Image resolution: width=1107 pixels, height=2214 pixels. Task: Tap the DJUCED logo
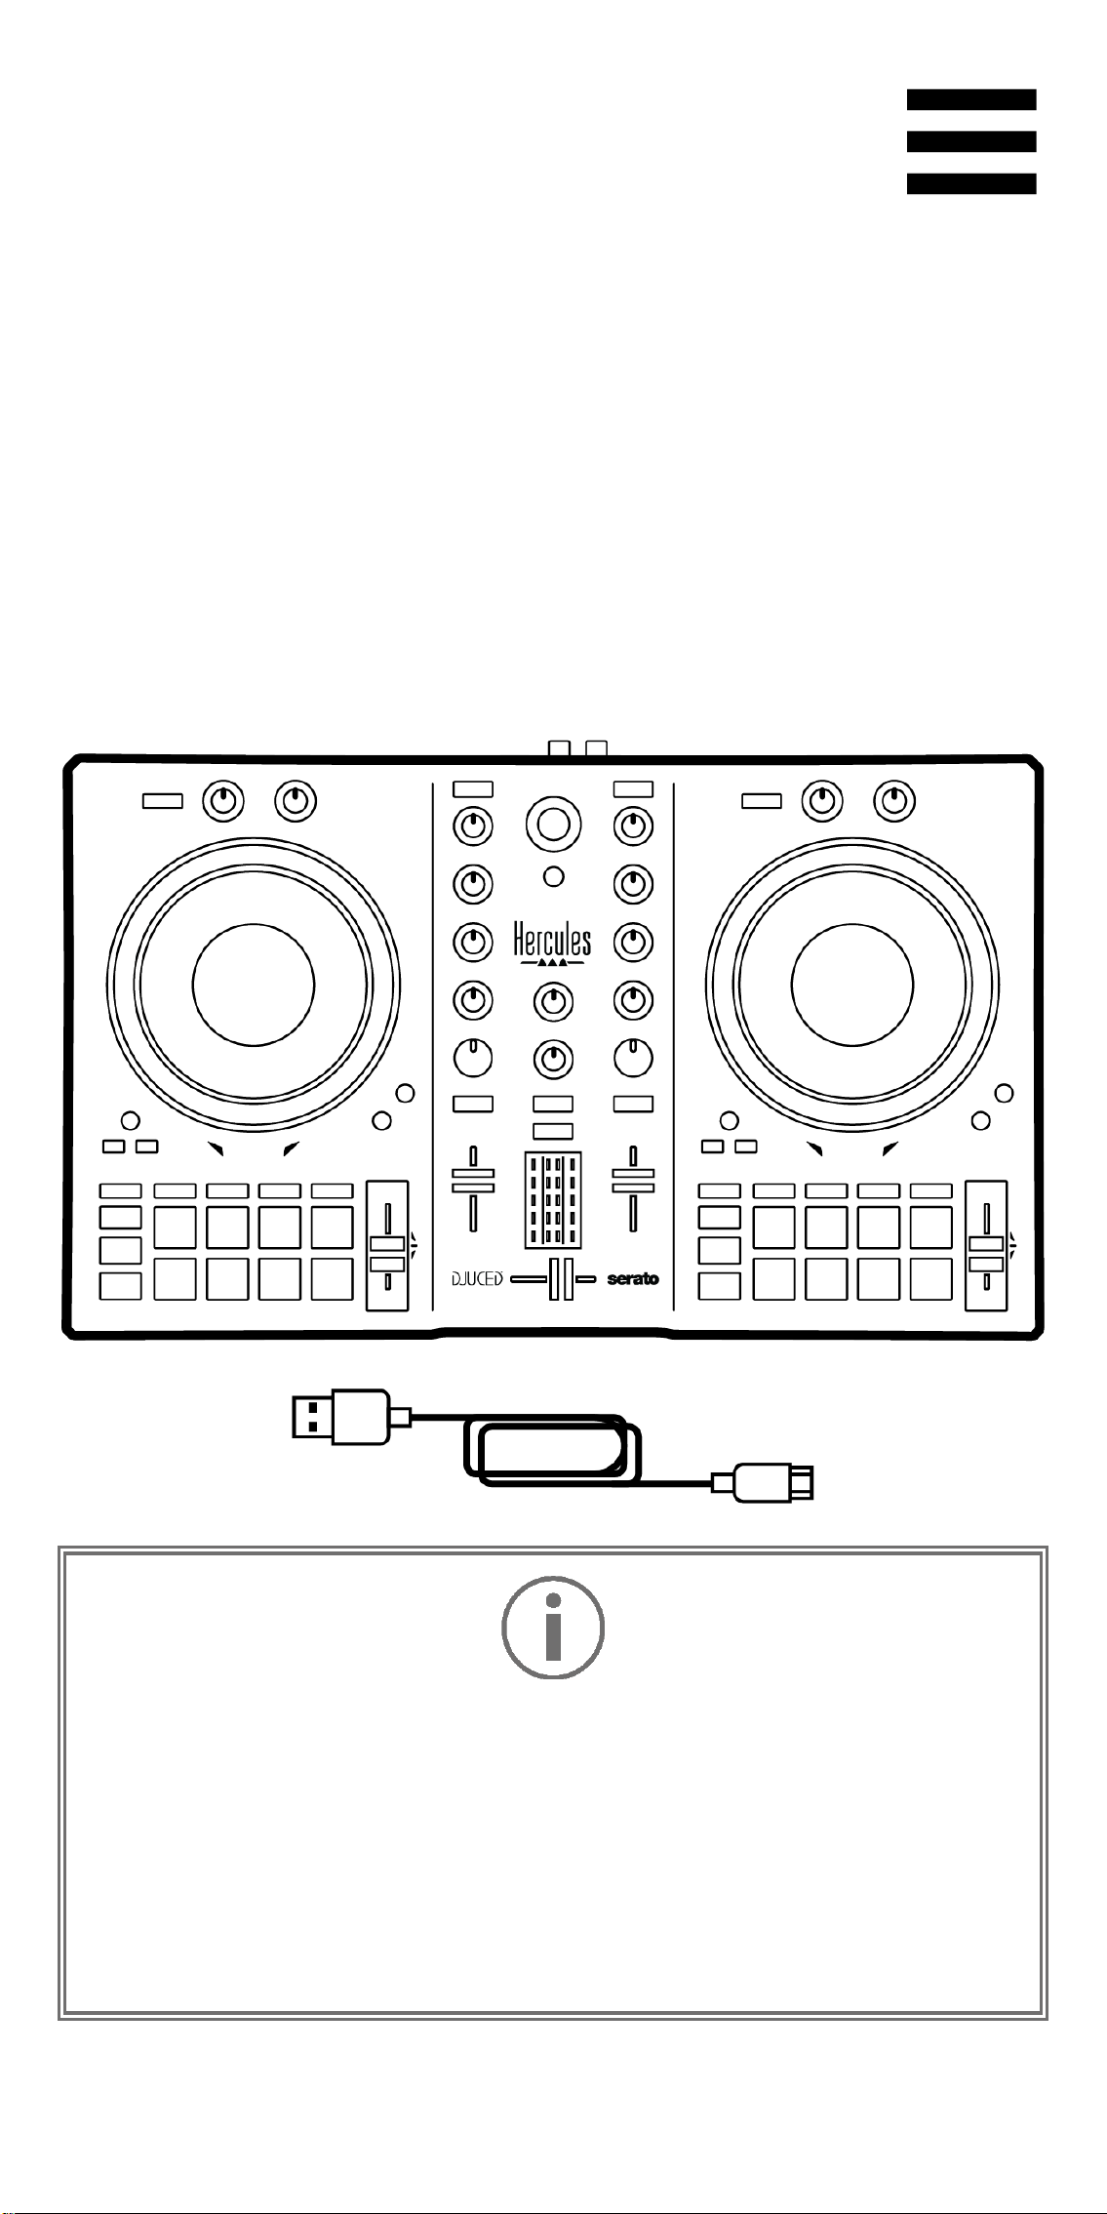point(477,1278)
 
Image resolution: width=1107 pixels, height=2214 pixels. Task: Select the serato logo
point(633,1278)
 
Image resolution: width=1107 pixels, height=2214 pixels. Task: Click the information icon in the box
point(553,1628)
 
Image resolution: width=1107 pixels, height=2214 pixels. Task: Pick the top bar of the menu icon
point(971,100)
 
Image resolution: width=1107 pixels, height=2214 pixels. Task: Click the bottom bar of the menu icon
point(971,183)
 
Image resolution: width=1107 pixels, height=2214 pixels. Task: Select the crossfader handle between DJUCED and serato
point(561,1279)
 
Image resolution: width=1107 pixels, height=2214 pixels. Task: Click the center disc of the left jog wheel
point(254,984)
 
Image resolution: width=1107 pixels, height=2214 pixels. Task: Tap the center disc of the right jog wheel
point(852,984)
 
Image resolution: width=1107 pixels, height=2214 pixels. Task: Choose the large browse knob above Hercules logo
point(553,825)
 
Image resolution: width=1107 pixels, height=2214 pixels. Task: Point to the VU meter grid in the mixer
point(553,1200)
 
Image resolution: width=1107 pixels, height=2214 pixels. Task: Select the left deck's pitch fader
point(387,1246)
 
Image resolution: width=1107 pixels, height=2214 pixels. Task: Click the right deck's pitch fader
point(986,1246)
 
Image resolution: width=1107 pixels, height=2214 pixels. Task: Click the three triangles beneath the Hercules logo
point(553,961)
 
